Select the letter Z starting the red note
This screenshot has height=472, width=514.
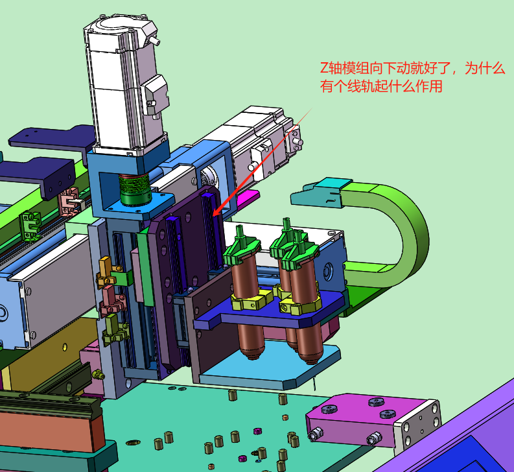point(324,68)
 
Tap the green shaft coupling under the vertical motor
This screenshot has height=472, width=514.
point(134,189)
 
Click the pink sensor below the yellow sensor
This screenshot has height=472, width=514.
point(111,301)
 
